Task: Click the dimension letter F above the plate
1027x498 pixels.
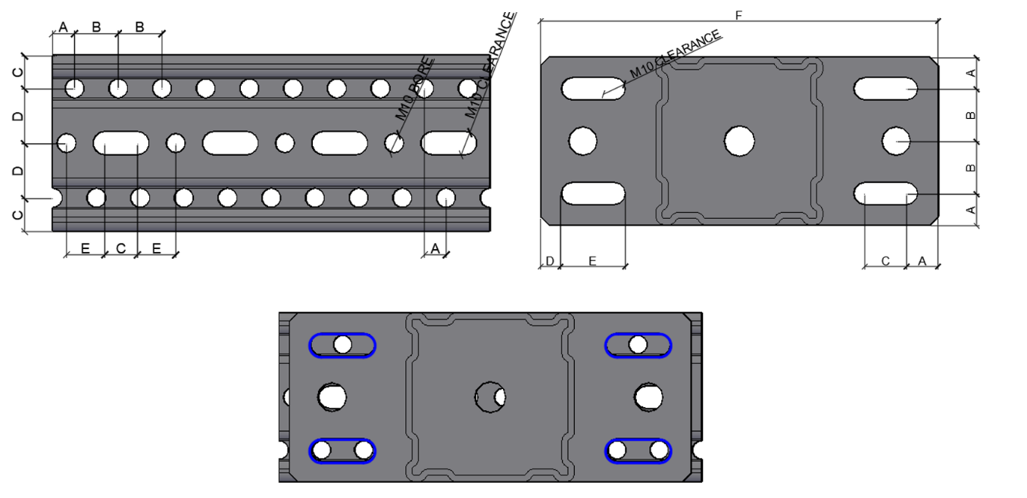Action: (x=738, y=15)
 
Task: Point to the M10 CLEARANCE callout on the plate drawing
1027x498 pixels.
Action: (x=676, y=54)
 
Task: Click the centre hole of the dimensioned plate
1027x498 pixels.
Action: (x=739, y=141)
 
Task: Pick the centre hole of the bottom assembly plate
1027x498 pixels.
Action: (x=490, y=397)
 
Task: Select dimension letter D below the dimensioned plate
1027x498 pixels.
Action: (x=550, y=261)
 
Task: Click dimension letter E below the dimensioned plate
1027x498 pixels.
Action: (x=592, y=261)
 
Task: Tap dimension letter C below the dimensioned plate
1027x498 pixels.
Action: (x=885, y=261)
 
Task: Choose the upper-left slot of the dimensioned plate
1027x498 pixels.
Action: (x=593, y=88)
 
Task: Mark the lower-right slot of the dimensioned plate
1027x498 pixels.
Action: (x=885, y=194)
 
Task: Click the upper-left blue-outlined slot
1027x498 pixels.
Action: (x=342, y=345)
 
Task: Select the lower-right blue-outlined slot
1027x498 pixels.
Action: (x=638, y=451)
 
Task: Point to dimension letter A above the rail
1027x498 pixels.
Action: (x=63, y=27)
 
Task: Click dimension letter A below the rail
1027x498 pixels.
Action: (x=435, y=248)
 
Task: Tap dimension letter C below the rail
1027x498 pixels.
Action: (x=120, y=248)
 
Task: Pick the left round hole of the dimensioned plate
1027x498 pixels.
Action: (x=582, y=141)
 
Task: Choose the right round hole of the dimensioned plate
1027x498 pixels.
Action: (x=896, y=141)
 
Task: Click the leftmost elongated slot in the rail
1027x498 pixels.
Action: (x=121, y=142)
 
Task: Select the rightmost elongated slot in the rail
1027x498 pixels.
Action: (x=448, y=142)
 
